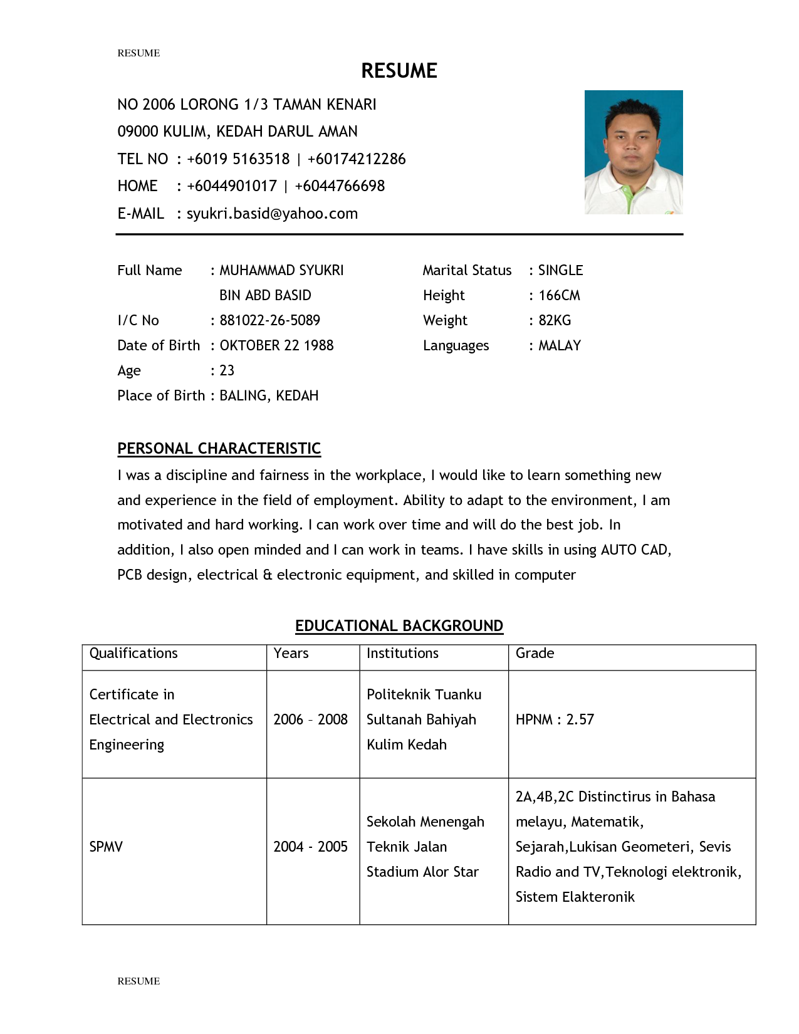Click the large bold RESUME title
coord(399,71)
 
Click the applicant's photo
coord(633,152)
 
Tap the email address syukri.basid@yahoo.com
coord(272,214)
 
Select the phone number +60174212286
coord(357,159)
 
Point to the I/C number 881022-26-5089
coord(269,320)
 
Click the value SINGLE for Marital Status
coord(560,270)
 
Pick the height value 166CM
coord(559,295)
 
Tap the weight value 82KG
coord(555,320)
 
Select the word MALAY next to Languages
coord(560,345)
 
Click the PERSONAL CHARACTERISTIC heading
coord(219,449)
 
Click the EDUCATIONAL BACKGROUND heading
coord(399,626)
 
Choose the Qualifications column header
coord(133,653)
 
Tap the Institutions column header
coord(402,653)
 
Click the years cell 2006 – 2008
coord(310,719)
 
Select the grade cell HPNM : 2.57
coord(555,719)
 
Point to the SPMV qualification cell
coord(106,847)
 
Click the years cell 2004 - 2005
coord(310,847)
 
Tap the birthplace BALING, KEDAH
coord(269,395)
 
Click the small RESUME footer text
coord(138,981)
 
